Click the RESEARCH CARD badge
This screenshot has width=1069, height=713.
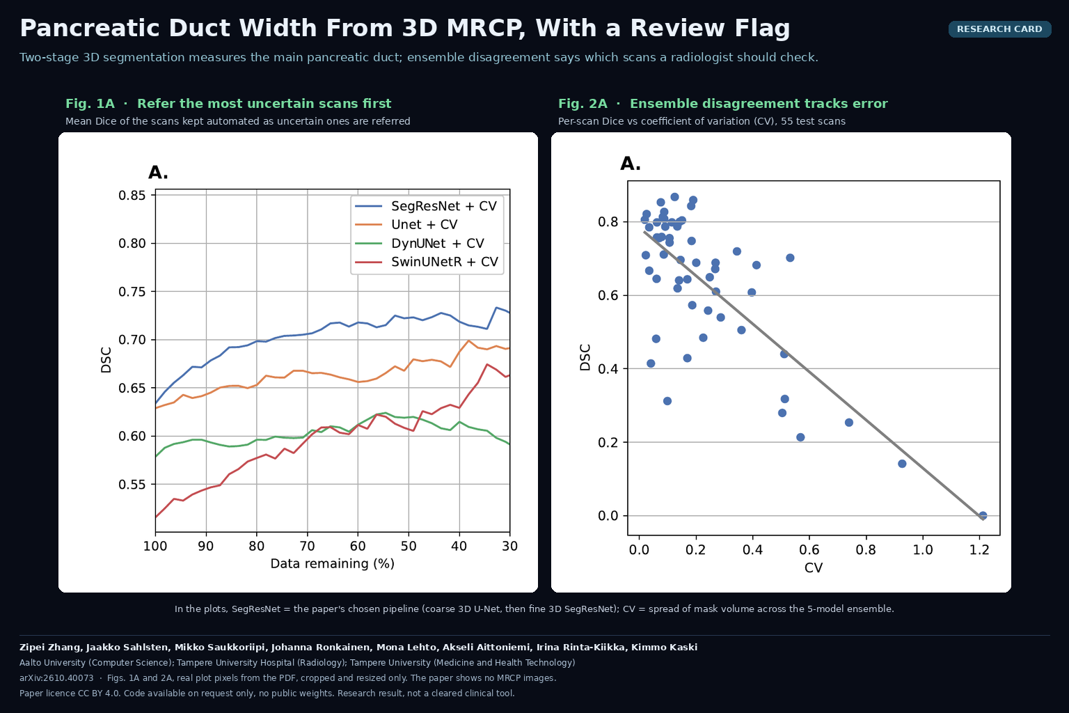coord(999,29)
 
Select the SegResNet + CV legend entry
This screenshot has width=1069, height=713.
coord(426,206)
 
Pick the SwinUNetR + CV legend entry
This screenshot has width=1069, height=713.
coord(427,262)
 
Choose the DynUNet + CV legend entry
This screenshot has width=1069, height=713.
coord(420,243)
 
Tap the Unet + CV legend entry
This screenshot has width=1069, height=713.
coord(406,224)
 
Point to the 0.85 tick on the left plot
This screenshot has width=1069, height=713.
coord(132,196)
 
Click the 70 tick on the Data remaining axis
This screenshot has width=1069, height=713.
coord(308,546)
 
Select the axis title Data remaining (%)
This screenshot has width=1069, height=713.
coord(332,564)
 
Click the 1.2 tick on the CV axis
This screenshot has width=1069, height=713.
coord(979,549)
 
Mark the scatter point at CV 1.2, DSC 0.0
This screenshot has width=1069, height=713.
coord(983,515)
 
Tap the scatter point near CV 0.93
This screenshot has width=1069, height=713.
coord(902,464)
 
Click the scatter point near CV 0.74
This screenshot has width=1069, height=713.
coord(848,423)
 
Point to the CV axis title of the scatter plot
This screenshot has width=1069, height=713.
coord(813,567)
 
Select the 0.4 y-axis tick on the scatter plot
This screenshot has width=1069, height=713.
coord(608,369)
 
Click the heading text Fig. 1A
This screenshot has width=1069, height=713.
coord(90,104)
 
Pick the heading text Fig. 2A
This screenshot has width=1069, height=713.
coord(583,104)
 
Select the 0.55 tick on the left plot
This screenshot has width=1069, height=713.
coord(132,485)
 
